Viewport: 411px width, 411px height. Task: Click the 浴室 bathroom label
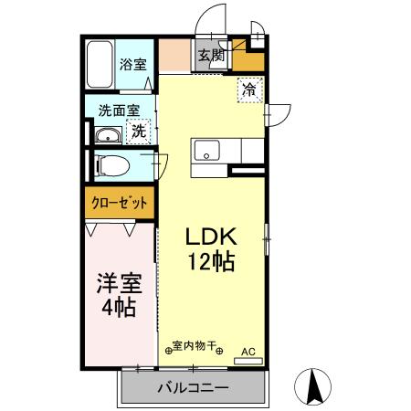coord(133,64)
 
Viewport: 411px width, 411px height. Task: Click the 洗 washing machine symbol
coord(138,131)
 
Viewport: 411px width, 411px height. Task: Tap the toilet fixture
coord(114,166)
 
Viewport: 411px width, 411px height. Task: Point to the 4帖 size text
coord(118,309)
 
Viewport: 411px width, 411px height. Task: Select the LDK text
coord(211,236)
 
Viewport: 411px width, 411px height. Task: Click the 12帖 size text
coord(211,263)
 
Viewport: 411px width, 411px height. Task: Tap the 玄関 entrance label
coord(211,56)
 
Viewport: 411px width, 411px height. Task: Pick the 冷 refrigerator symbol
coord(249,89)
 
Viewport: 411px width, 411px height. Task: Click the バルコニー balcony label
coord(192,388)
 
